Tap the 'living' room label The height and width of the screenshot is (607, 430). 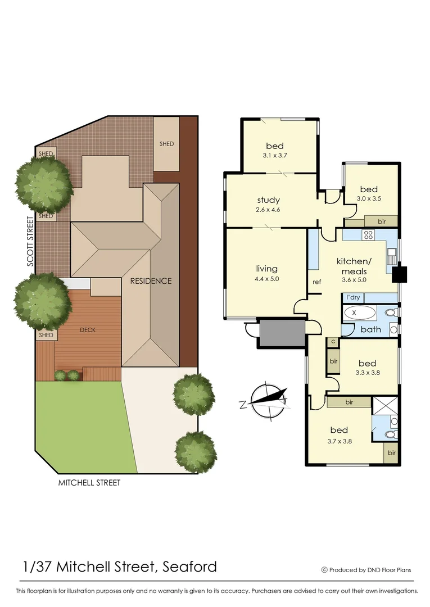pyautogui.click(x=266, y=269)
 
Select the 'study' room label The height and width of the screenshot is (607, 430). pyautogui.click(x=268, y=200)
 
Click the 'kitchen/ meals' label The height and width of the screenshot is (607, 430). pyautogui.click(x=354, y=266)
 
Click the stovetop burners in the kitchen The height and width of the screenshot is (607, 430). pyautogui.click(x=368, y=235)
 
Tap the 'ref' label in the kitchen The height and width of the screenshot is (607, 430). pyautogui.click(x=316, y=282)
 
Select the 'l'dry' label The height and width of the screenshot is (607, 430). pyautogui.click(x=354, y=297)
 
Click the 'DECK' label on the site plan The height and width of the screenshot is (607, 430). pyautogui.click(x=88, y=330)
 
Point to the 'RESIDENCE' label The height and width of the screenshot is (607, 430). pyautogui.click(x=151, y=281)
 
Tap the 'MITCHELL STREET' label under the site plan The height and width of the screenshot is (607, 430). pyautogui.click(x=90, y=483)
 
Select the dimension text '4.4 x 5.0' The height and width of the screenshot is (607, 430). pyautogui.click(x=266, y=278)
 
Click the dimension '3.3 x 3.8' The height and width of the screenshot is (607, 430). pyautogui.click(x=367, y=373)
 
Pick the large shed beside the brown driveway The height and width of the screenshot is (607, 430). pyautogui.click(x=166, y=143)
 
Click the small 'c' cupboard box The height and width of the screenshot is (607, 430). pyautogui.click(x=333, y=342)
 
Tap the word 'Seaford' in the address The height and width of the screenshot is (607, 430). pyautogui.click(x=189, y=567)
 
